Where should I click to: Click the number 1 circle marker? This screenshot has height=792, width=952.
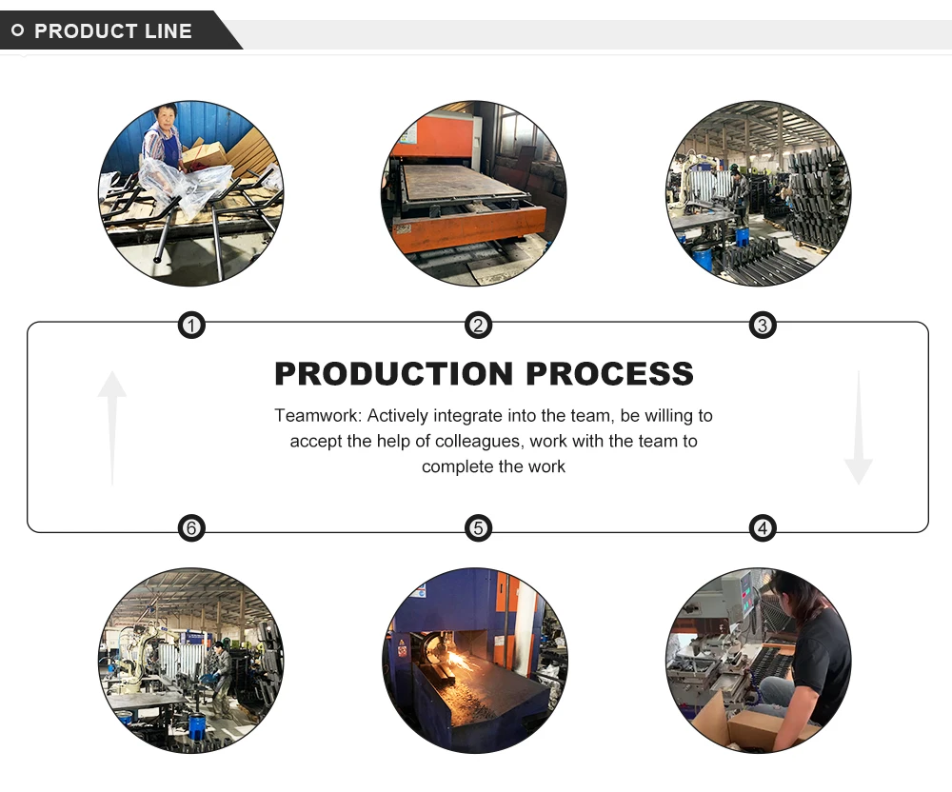click(x=192, y=327)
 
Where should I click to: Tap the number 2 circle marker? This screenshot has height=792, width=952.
click(x=478, y=327)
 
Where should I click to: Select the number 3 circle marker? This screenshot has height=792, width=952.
click(x=762, y=327)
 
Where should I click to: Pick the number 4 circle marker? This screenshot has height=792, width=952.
click(x=762, y=527)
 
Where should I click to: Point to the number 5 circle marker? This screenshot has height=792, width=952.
click(x=478, y=527)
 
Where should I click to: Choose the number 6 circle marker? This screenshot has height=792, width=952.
click(x=192, y=527)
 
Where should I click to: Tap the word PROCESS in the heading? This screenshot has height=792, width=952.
click(x=609, y=373)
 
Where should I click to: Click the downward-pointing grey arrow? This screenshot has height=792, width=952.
click(x=858, y=428)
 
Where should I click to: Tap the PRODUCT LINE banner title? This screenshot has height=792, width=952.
click(x=112, y=31)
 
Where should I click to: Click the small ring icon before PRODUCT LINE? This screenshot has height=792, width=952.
click(x=18, y=31)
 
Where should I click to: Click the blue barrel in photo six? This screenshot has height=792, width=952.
click(x=197, y=727)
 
